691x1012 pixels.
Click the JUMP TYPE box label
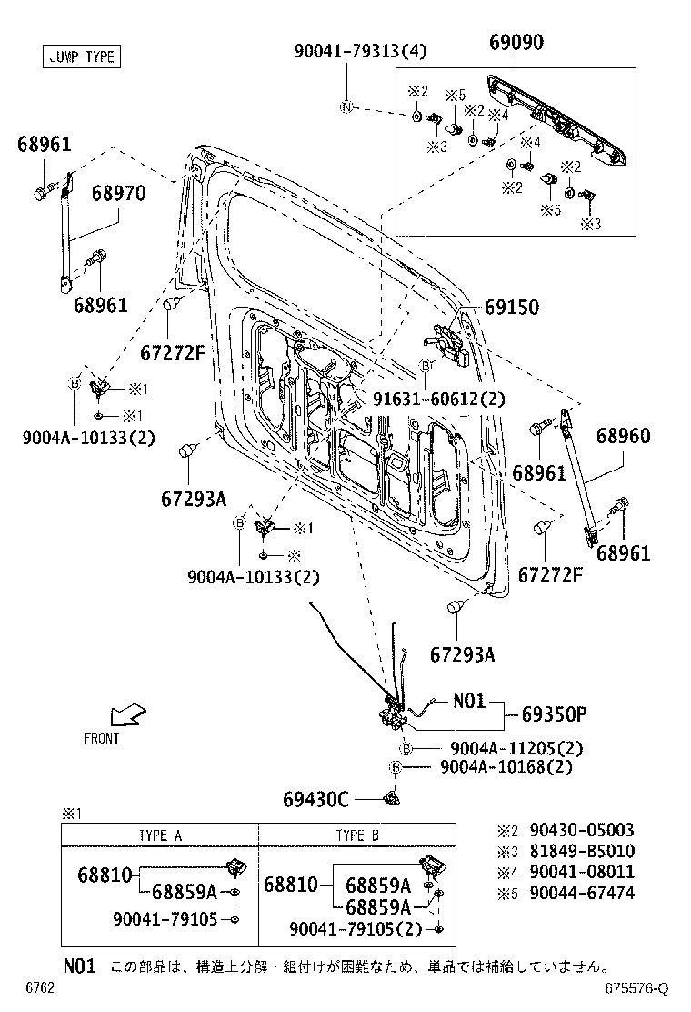[x=81, y=56]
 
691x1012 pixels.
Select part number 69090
[x=516, y=44]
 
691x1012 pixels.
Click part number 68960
[x=623, y=436]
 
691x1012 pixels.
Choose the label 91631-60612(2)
[x=439, y=399]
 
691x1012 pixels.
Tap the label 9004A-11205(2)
[x=516, y=748]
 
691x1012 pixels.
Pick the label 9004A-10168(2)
[x=506, y=767]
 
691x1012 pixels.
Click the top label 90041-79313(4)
[x=347, y=53]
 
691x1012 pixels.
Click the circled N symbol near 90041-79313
[x=345, y=107]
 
